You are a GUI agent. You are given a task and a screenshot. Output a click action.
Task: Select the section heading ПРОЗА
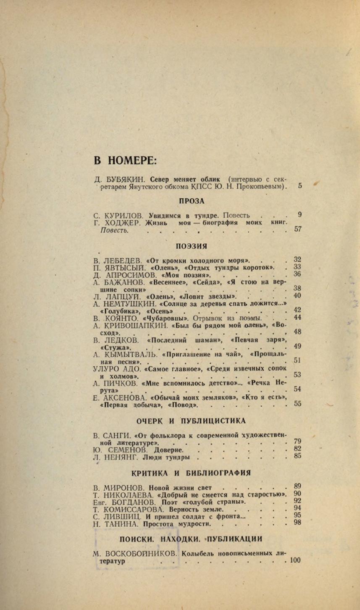pos(191,201)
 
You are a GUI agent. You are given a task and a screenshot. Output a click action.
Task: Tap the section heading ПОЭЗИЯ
pos(191,246)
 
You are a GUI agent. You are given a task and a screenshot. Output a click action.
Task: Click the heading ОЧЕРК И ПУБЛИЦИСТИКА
pos(192,421)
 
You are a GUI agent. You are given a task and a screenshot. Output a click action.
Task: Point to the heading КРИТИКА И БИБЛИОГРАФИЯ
pos(191,473)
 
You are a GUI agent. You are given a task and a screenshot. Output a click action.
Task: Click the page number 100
pos(295,560)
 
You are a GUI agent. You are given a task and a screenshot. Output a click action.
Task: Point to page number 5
pos(300,185)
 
